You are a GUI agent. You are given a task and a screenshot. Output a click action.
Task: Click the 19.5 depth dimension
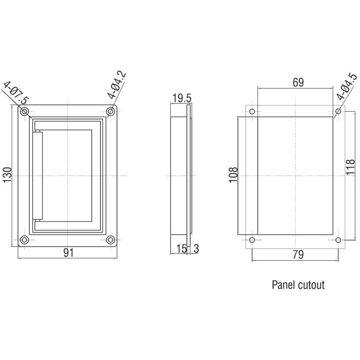[182, 98]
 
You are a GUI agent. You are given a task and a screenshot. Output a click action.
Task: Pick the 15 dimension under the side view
[181, 248]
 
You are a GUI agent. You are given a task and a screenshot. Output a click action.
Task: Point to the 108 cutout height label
[232, 176]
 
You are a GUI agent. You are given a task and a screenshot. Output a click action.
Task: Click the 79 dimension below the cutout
[298, 254]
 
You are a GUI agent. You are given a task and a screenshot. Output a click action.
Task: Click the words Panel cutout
[298, 284]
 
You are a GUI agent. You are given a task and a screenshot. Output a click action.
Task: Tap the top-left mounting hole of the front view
[24, 112]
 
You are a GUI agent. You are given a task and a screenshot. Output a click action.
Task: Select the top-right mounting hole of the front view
[110, 112]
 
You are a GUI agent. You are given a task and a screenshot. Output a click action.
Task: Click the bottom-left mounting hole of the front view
[24, 240]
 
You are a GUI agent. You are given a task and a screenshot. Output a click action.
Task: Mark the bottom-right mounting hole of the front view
[110, 240]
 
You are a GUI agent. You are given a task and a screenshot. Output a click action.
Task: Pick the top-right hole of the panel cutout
[338, 112]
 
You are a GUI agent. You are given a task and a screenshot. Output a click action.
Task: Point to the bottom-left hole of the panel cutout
[251, 240]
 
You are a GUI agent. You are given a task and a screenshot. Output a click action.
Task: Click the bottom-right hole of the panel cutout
[338, 240]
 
